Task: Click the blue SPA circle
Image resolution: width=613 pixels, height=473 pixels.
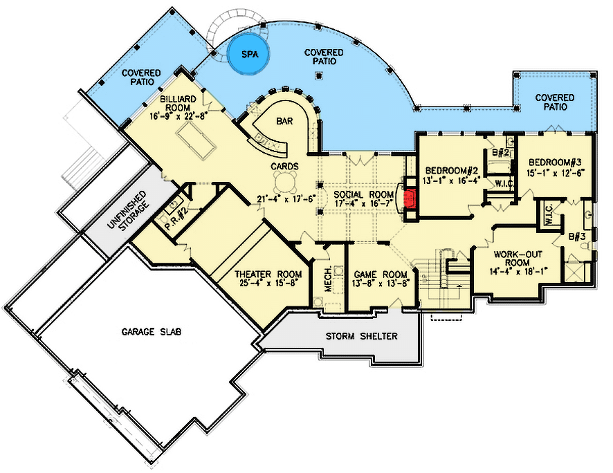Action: [249, 55]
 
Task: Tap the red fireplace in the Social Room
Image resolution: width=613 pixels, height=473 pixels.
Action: [410, 198]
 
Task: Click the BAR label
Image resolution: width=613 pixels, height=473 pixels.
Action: [284, 121]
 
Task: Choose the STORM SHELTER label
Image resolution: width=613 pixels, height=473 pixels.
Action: [362, 336]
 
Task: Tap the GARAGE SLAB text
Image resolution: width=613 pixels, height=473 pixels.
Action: [152, 332]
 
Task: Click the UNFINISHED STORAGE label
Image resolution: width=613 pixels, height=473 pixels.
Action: [128, 212]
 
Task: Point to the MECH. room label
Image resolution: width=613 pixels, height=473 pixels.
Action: [328, 279]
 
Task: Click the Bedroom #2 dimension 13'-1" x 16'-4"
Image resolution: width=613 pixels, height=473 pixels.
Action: [452, 181]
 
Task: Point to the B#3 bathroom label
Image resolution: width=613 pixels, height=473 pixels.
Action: [577, 236]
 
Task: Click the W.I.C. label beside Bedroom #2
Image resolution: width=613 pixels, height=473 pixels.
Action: [504, 183]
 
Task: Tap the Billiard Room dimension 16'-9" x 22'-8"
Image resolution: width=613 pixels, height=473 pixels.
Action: [178, 116]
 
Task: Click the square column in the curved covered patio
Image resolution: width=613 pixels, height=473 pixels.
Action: [320, 75]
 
